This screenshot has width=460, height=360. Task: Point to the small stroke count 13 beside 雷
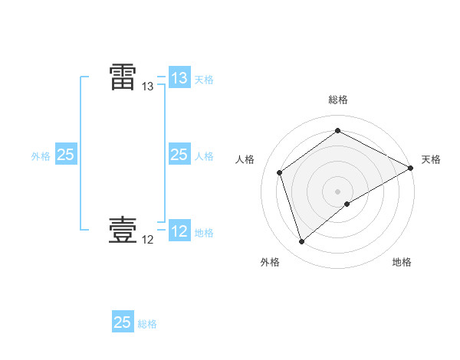148,87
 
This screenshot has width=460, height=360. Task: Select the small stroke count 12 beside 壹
148,241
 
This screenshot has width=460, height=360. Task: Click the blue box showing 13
179,78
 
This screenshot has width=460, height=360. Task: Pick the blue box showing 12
179,231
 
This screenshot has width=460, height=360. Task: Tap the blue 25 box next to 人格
179,155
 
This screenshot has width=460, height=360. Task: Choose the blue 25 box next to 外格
66,155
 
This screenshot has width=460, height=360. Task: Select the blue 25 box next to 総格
123,322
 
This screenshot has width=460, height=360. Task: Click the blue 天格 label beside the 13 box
204,80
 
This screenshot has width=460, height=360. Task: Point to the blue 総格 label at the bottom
147,324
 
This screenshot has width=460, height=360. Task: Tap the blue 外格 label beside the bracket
41,156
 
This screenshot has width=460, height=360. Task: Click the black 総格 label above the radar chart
338,100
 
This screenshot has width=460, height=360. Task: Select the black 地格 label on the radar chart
402,262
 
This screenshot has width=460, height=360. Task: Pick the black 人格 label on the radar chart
245,159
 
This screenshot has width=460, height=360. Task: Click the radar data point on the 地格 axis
347,204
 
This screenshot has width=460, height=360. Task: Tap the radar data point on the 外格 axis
301,242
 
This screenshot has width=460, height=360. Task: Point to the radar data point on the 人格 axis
280,172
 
